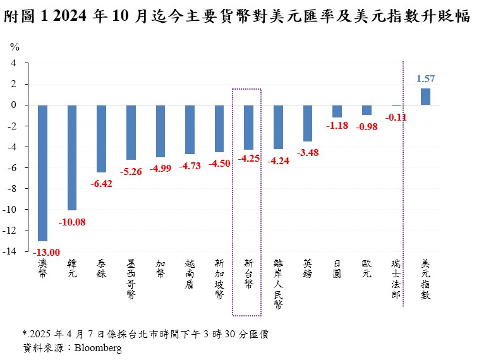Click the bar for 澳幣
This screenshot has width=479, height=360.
pos(43,172)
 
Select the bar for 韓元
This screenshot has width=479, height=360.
pos(72,157)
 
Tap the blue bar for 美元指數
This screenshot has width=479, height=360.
pos(425,97)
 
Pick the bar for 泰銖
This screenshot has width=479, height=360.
pos(101,138)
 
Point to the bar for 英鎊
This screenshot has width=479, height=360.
pos(308,123)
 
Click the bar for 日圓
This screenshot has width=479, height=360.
pos(337,111)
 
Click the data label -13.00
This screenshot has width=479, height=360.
pos(45,252)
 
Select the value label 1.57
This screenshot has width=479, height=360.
pos(425,79)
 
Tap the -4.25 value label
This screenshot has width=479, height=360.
pos(248,159)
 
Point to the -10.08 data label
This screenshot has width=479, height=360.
pos(73,221)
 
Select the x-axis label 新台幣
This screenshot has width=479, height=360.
pos(248,272)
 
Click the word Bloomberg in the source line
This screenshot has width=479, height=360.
pos(98,347)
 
